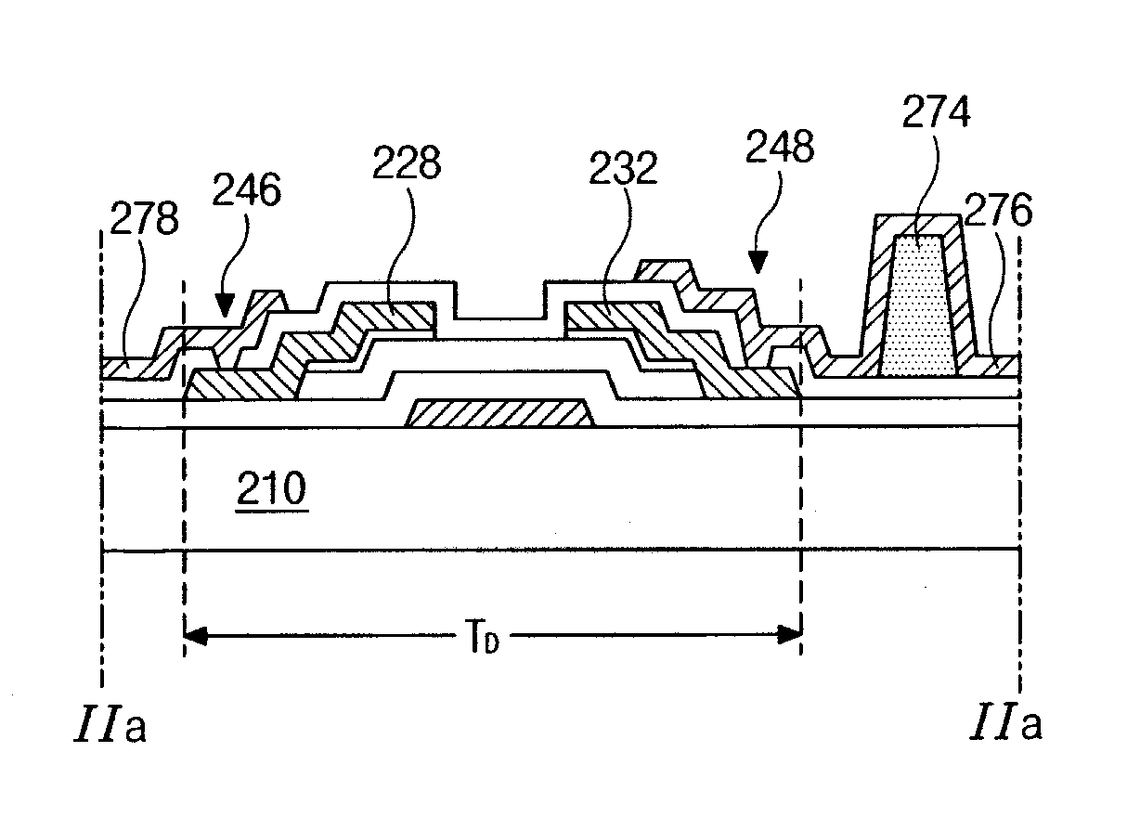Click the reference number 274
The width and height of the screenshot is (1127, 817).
[936, 114]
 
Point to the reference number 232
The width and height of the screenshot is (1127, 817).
[621, 169]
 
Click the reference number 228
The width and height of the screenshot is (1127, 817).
[406, 164]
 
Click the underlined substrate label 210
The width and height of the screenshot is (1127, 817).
[270, 489]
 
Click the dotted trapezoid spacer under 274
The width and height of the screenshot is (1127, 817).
[918, 306]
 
